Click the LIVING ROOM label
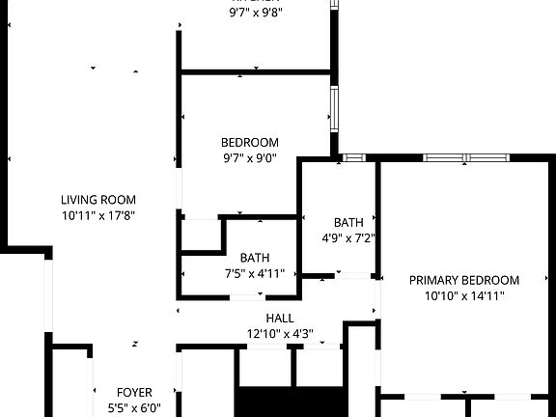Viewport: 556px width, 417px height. (98, 200)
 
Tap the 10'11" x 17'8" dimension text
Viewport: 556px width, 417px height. (98, 215)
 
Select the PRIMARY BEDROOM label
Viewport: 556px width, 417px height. (463, 280)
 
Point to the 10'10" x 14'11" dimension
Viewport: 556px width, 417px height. (463, 295)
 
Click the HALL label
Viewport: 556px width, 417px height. (280, 319)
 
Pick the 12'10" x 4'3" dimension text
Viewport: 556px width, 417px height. (280, 334)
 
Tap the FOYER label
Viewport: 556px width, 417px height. (134, 392)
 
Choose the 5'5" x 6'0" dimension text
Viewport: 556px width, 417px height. (134, 407)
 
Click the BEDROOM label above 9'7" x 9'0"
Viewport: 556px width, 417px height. (250, 143)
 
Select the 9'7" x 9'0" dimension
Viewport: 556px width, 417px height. (250, 158)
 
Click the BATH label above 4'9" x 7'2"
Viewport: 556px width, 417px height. (348, 222)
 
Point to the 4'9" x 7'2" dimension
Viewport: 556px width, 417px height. (348, 237)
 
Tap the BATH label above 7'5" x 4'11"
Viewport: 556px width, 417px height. (255, 258)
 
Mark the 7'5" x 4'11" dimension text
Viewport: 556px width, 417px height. (255, 273)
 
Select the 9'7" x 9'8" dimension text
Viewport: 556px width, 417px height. (255, 14)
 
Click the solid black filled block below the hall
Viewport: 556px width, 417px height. (291, 403)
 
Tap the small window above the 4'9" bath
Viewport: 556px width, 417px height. (353, 156)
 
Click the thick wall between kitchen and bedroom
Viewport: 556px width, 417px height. (256, 71)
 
